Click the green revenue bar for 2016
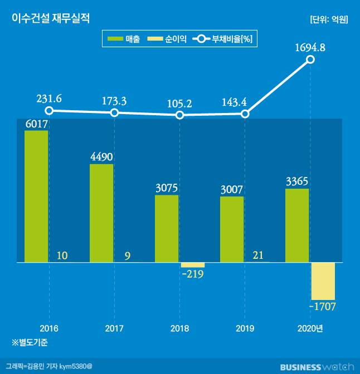tap(36, 196)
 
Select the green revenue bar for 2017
tap(101, 213)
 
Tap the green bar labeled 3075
tap(167, 228)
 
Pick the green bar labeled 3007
tap(232, 229)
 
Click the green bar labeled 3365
tap(297, 225)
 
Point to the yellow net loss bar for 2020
tap(323, 281)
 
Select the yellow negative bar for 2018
tap(193, 265)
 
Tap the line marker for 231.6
tap(49, 111)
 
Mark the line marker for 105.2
tap(179, 115)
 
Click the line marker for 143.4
tap(245, 114)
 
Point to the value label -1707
tap(323, 307)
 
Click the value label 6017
tap(37, 124)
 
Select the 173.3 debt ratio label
tap(114, 101)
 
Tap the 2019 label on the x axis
tap(245, 328)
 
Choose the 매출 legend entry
tap(124, 39)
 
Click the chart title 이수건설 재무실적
tap(51, 19)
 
